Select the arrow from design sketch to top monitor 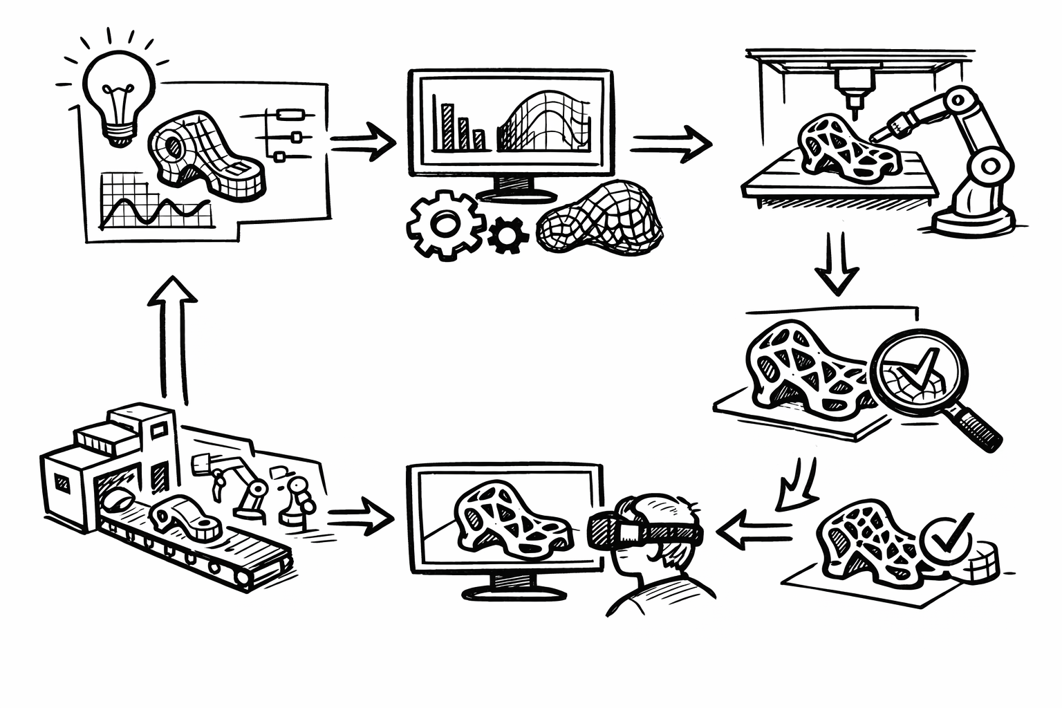pos(362,141)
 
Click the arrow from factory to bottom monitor pos(360,519)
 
